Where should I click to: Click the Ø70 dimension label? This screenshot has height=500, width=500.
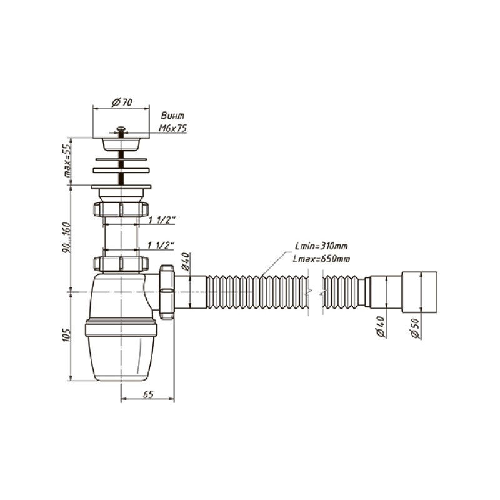tap(122, 102)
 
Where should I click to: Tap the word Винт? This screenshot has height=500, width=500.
tap(172, 115)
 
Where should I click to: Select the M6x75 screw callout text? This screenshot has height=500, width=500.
tap(173, 128)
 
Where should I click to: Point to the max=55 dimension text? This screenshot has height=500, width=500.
tap(67, 161)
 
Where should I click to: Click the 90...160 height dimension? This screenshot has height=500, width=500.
tap(67, 237)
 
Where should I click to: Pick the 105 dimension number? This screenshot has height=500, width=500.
tap(66, 335)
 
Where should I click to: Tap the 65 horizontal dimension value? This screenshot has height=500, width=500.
tap(148, 394)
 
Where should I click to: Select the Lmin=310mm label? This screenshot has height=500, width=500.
tap(321, 246)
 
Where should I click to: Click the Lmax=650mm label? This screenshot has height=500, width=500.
tap(321, 259)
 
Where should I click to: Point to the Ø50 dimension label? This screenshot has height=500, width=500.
tap(415, 327)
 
